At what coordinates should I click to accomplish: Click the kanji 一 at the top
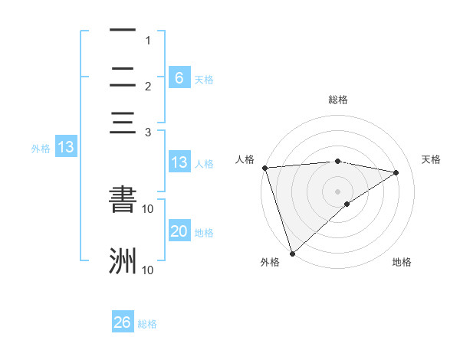click(x=123, y=31)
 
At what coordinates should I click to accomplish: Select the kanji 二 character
click(x=123, y=77)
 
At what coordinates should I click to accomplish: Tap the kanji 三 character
click(x=123, y=123)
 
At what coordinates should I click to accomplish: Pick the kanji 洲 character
click(x=123, y=260)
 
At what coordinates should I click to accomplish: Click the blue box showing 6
click(x=179, y=77)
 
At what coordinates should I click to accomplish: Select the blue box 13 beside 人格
click(x=179, y=162)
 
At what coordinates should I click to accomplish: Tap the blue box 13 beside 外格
click(x=66, y=147)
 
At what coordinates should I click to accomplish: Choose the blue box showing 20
click(x=179, y=231)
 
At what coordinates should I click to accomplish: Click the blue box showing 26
click(x=123, y=322)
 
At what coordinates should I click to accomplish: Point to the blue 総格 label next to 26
click(x=147, y=324)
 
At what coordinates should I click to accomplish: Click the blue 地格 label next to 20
click(x=204, y=233)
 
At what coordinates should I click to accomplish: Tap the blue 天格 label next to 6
click(x=204, y=79)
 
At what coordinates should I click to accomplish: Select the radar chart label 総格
click(x=338, y=100)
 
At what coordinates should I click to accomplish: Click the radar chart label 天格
click(x=432, y=159)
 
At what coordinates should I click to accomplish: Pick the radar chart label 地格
click(x=402, y=262)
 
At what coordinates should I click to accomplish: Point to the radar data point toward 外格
click(x=292, y=253)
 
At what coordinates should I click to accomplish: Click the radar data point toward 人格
click(x=264, y=168)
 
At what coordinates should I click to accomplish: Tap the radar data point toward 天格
click(x=396, y=172)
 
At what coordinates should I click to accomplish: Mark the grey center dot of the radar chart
click(x=338, y=191)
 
